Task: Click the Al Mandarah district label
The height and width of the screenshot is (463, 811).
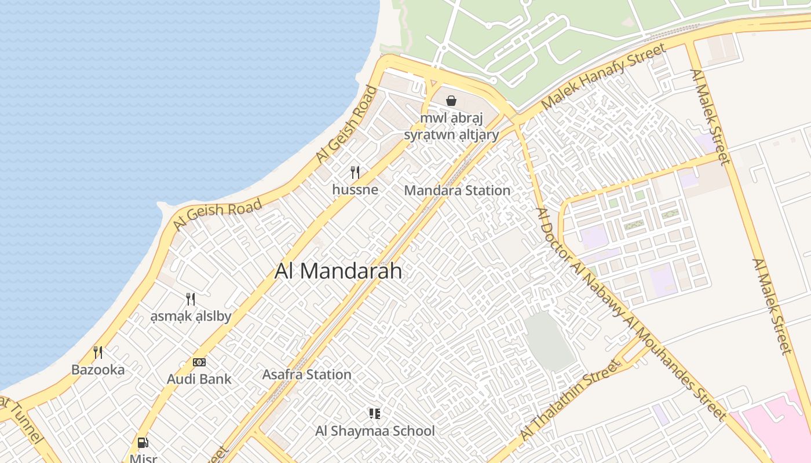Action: click(x=338, y=271)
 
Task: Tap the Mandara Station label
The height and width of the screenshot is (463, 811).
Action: click(x=457, y=190)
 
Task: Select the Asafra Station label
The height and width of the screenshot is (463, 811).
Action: click(x=306, y=374)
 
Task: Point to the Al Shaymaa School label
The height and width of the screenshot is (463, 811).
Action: click(x=375, y=431)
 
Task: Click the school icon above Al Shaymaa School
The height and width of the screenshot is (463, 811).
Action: click(x=374, y=413)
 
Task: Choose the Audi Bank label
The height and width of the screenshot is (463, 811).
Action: click(x=199, y=379)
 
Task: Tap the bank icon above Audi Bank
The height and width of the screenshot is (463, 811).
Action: click(x=199, y=362)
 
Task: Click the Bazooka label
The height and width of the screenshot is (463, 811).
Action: click(x=98, y=369)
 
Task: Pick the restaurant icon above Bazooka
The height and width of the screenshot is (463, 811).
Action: click(x=98, y=352)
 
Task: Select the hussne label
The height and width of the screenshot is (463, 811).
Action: click(x=355, y=189)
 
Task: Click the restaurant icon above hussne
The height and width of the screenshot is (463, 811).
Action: click(x=355, y=172)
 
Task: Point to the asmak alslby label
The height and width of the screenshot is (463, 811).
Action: click(x=191, y=317)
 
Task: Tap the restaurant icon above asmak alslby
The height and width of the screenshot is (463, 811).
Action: click(x=190, y=299)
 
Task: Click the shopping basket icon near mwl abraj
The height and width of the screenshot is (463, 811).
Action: click(x=451, y=101)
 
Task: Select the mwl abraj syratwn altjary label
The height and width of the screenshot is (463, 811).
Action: click(x=451, y=127)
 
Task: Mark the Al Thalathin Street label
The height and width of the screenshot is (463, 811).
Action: click(x=569, y=399)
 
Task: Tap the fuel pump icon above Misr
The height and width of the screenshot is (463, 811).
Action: click(x=143, y=443)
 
